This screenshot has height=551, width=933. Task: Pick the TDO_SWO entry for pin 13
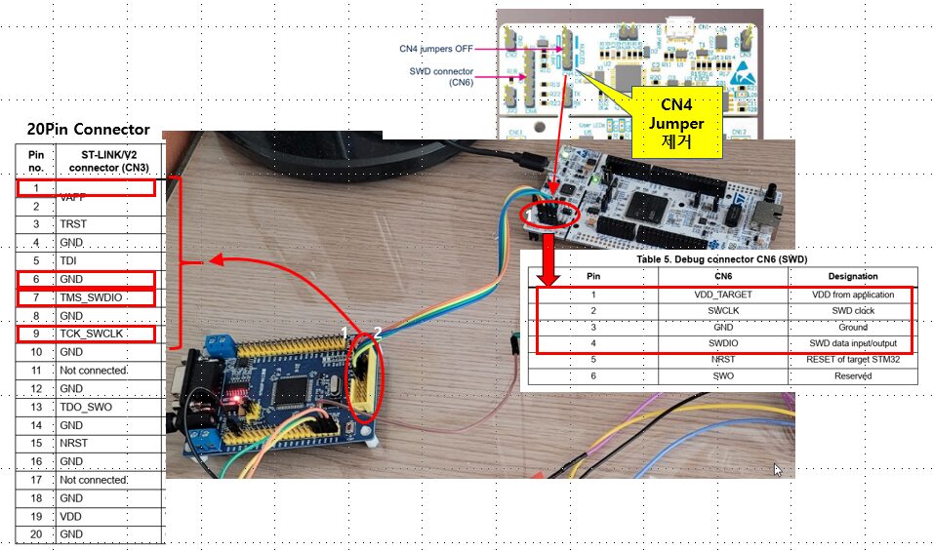[90, 407]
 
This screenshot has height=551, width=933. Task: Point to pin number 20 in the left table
[36, 534]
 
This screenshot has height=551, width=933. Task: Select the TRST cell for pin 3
[73, 224]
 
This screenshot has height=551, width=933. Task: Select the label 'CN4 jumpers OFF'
[437, 47]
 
